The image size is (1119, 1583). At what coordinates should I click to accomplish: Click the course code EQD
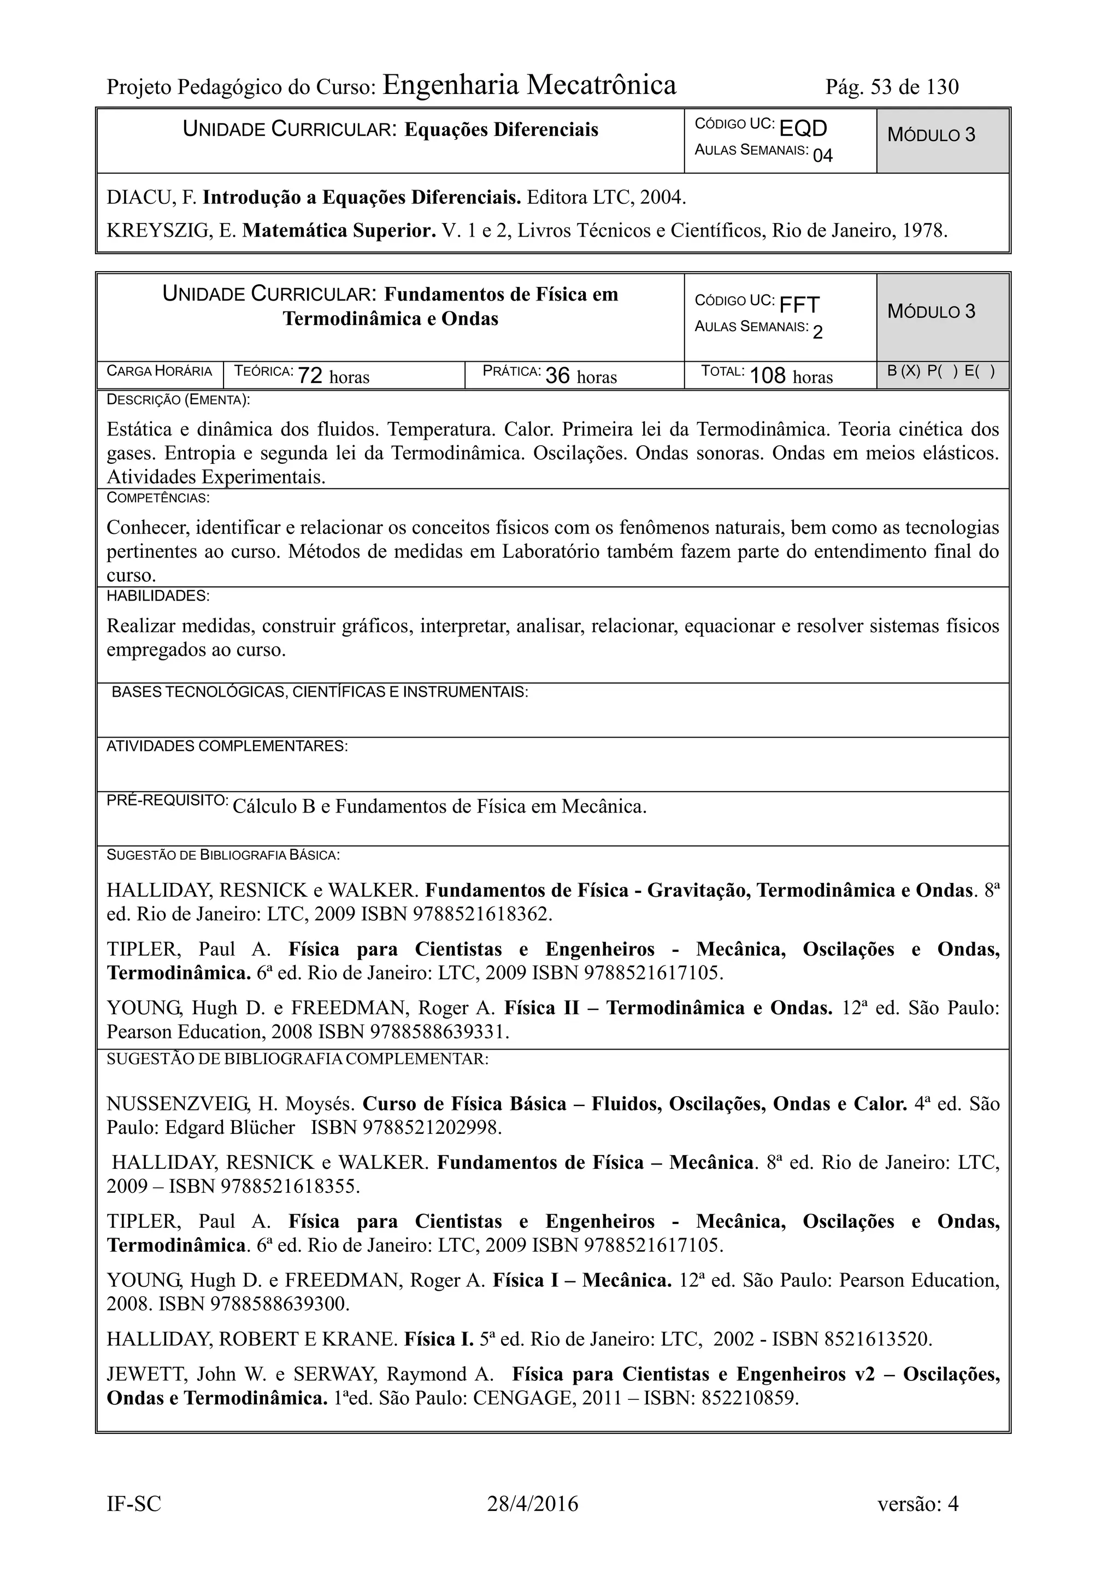[803, 128]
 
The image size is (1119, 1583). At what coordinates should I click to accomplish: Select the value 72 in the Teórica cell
[310, 376]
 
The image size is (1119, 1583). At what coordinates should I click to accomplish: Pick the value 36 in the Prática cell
[557, 376]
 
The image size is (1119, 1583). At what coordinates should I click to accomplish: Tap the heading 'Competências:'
[158, 498]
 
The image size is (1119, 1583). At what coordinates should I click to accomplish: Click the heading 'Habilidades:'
[158, 596]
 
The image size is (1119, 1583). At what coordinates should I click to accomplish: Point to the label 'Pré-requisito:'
[168, 801]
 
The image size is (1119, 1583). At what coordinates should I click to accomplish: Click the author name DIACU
[140, 198]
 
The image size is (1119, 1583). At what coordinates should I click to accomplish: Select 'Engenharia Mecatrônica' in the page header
[529, 85]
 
